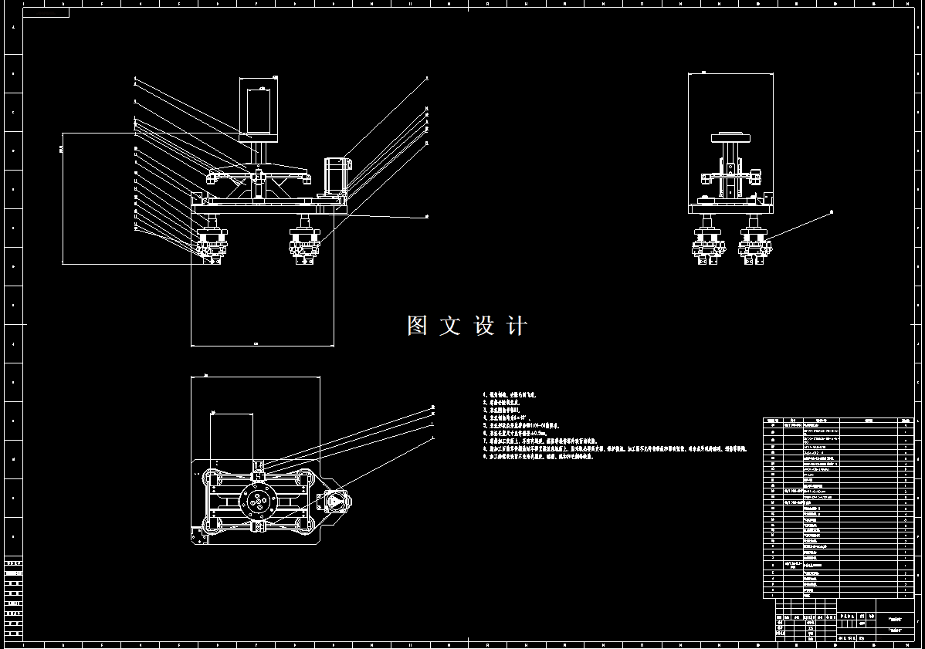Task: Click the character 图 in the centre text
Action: [418, 326]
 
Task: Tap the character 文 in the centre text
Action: [450, 326]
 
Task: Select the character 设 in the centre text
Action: [484, 326]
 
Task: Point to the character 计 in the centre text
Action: [517, 326]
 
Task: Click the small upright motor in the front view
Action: [334, 176]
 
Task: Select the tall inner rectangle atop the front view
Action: [261, 110]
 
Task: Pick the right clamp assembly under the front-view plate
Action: [304, 243]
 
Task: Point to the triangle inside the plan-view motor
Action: [334, 501]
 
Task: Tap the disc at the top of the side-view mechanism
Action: [730, 139]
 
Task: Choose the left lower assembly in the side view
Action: [708, 245]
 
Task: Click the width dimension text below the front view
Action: [256, 343]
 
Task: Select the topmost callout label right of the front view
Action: [426, 79]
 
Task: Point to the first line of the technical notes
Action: [510, 394]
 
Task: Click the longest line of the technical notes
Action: [615, 447]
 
